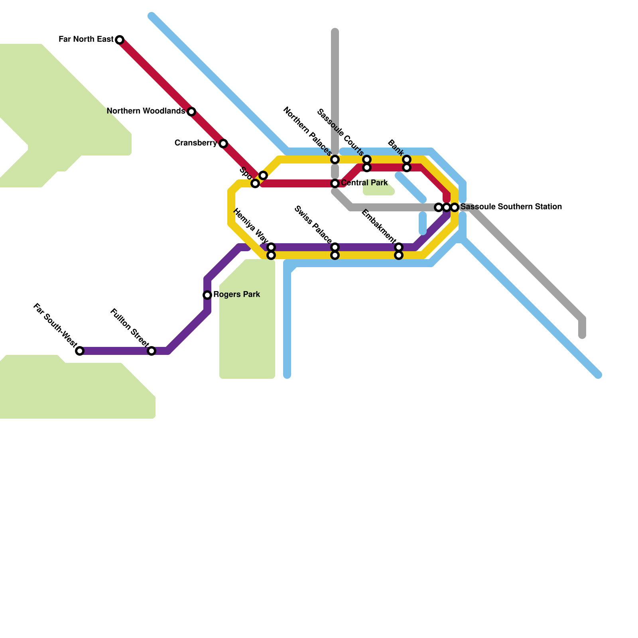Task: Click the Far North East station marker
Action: coord(120,40)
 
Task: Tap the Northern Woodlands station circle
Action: coord(191,112)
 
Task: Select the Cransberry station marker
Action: coord(223,144)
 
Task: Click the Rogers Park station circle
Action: coord(207,295)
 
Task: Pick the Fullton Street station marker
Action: coord(152,351)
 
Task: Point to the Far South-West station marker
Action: coord(80,351)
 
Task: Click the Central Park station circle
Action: coord(335,183)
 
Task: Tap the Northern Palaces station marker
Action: coord(335,159)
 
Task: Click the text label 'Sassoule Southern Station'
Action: coord(511,207)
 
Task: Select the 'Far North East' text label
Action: coord(86,39)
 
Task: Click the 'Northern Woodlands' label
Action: coord(146,111)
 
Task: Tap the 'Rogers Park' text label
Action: coord(236,294)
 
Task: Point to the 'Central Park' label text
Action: coord(364,183)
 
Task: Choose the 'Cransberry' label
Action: coord(195,143)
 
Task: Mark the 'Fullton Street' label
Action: coord(129,327)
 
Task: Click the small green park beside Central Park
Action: coord(378,191)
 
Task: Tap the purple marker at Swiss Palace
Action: coord(335,247)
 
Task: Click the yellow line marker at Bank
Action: coord(407,159)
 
